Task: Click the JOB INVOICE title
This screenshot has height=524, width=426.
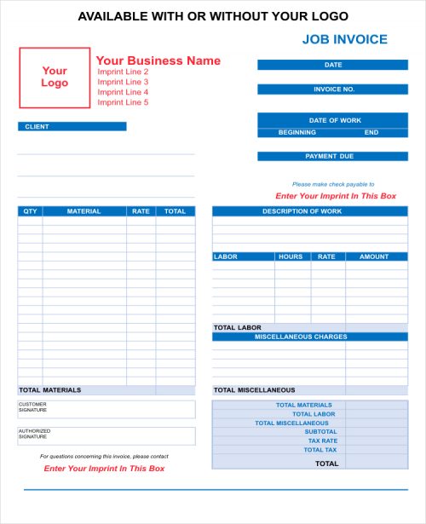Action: click(344, 39)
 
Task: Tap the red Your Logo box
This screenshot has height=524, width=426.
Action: click(55, 78)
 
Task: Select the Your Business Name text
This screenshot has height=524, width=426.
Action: click(158, 60)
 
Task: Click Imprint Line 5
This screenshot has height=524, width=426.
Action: click(123, 102)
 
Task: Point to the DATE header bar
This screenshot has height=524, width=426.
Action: click(333, 65)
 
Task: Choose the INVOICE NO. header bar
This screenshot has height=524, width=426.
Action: click(333, 89)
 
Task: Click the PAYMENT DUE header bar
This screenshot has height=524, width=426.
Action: click(333, 156)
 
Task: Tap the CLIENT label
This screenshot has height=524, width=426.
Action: click(37, 126)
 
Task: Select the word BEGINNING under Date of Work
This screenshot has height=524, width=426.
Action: click(297, 132)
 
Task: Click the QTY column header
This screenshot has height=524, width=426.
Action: click(30, 211)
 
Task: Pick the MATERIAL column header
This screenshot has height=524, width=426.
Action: click(83, 211)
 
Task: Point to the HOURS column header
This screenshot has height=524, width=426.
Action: click(291, 256)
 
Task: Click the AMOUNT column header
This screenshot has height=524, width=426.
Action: click(374, 256)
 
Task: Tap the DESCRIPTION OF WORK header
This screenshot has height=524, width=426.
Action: click(302, 211)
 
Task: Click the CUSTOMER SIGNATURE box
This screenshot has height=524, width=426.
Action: click(106, 409)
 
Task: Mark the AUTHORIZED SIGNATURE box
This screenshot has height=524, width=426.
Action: click(106, 435)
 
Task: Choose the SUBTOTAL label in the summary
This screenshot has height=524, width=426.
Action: click(320, 431)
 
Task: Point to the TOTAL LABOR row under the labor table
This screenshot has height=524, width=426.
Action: click(238, 327)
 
